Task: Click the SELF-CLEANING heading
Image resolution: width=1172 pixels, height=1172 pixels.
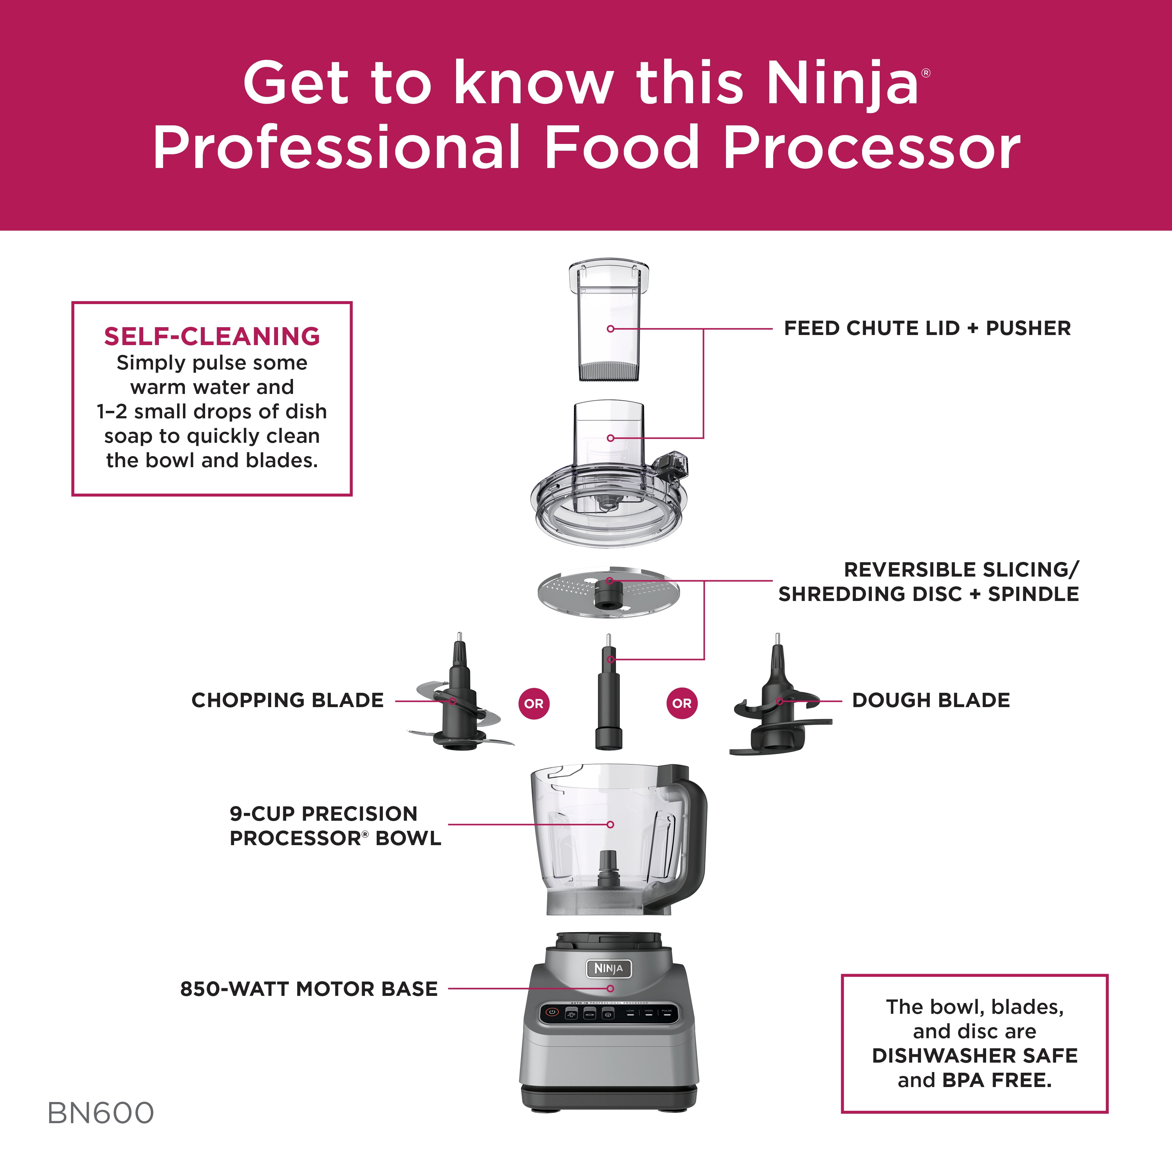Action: [x=212, y=336]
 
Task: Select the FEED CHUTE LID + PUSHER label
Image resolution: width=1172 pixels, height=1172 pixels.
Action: [x=927, y=328]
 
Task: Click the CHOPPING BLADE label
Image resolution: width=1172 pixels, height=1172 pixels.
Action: [x=287, y=700]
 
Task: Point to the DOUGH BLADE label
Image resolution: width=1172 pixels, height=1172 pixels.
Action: [x=930, y=700]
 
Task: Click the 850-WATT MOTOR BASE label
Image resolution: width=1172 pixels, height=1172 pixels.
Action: [x=309, y=989]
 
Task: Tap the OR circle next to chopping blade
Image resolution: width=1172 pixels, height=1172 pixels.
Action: [x=534, y=704]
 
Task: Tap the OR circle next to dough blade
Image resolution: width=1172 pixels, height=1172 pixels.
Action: [x=682, y=704]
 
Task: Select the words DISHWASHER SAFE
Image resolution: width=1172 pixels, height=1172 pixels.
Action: [x=974, y=1055]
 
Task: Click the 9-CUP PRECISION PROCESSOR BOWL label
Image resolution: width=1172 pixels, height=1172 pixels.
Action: [x=335, y=826]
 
